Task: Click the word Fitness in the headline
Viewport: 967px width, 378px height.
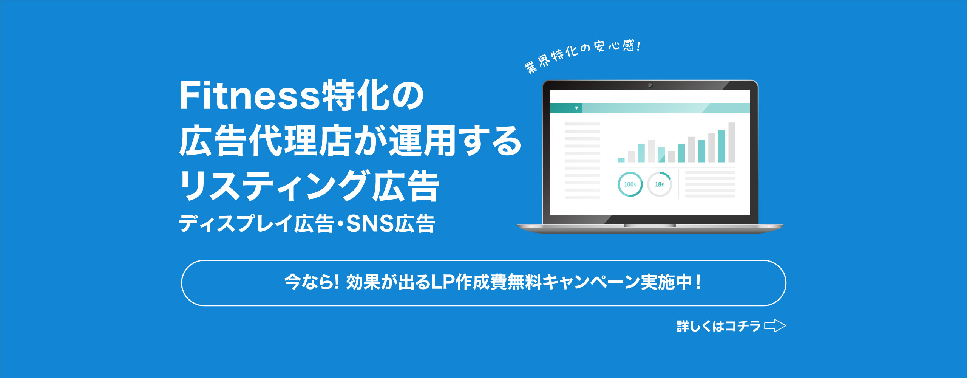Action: [x=249, y=95]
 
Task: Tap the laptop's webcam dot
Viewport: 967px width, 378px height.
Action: [x=650, y=85]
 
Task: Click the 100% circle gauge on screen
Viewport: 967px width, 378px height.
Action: [x=630, y=184]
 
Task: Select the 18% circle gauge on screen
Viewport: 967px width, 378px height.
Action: [x=660, y=184]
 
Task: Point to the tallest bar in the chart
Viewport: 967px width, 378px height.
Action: [x=732, y=143]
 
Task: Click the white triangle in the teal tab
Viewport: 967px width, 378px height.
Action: [x=576, y=108]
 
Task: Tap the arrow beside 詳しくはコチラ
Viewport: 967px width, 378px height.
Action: [x=775, y=326]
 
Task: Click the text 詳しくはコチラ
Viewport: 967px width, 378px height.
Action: [x=718, y=326]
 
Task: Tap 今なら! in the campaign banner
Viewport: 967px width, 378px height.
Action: [x=312, y=282]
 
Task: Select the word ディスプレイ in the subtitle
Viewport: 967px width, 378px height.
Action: [x=236, y=223]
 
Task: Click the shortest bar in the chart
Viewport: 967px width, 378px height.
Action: [x=621, y=160]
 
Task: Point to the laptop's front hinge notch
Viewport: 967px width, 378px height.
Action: [x=650, y=226]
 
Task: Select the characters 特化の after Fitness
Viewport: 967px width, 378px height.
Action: [x=373, y=95]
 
